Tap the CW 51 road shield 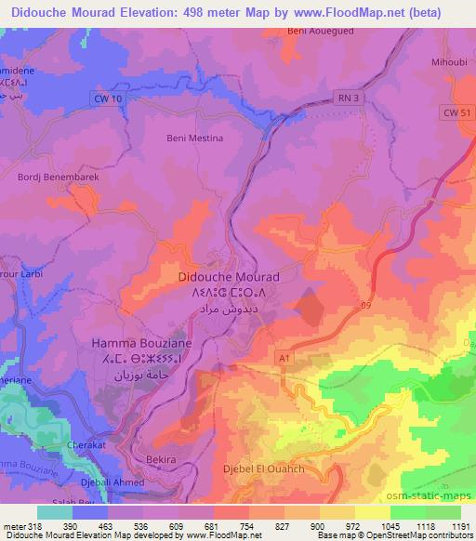coord(453,112)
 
